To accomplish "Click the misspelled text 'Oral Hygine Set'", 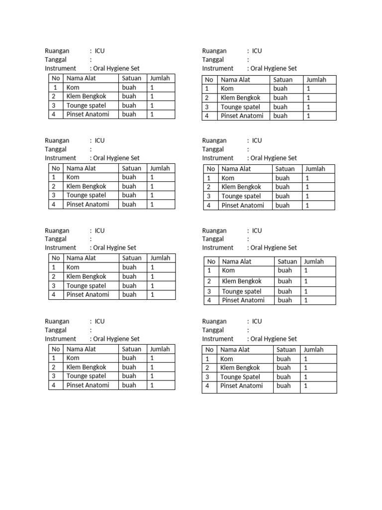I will coord(114,248).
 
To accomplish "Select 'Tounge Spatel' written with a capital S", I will coord(240,377).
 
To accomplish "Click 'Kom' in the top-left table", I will coord(73,87).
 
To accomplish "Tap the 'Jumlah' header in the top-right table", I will coord(316,80).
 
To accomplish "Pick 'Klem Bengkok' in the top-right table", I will coord(241,98).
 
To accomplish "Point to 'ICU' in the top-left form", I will coord(99,51).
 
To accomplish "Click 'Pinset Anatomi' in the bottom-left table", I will coord(88,385).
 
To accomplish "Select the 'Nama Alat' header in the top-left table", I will coord(81,78).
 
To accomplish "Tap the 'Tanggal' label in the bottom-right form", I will coord(213,330).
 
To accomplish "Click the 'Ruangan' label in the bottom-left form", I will coord(57,321).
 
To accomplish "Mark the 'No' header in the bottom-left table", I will coord(56,349).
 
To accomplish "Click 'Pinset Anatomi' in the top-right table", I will coord(242,116).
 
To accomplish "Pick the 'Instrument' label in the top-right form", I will coord(217,68).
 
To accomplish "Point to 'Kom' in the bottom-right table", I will coord(226,359).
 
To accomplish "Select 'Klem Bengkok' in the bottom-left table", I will coord(86,367).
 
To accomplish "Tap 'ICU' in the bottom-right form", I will coord(257,321).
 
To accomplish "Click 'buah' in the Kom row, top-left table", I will coord(129,87).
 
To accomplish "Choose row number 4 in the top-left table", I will coord(53,114).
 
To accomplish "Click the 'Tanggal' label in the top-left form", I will coord(55,59).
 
